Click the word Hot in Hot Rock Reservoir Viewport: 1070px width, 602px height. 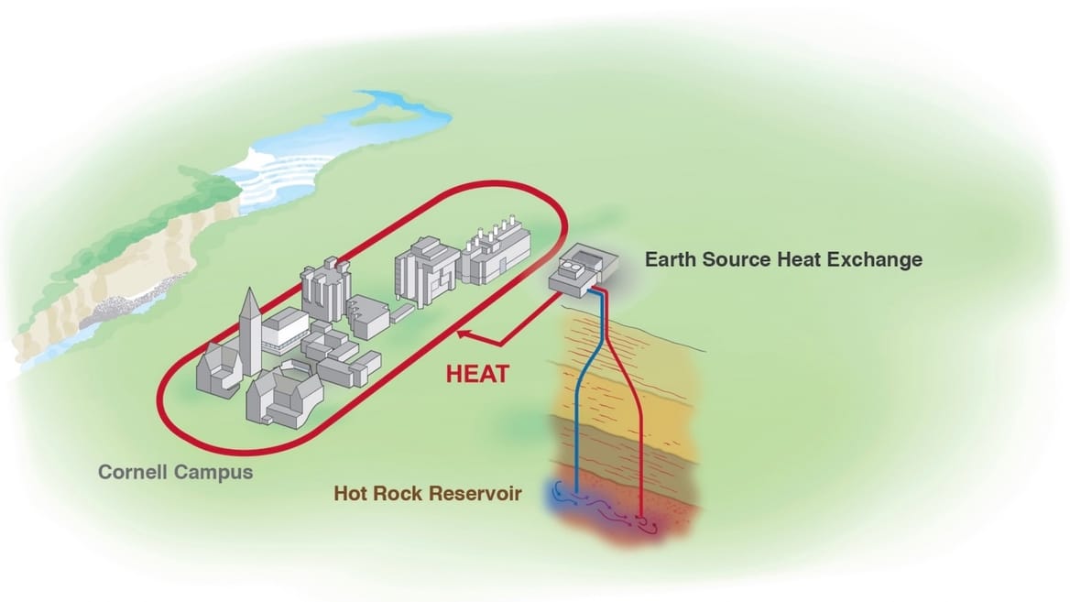tap(352, 494)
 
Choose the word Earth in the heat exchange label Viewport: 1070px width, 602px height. tap(672, 259)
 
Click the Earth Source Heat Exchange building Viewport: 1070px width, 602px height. tap(580, 271)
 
